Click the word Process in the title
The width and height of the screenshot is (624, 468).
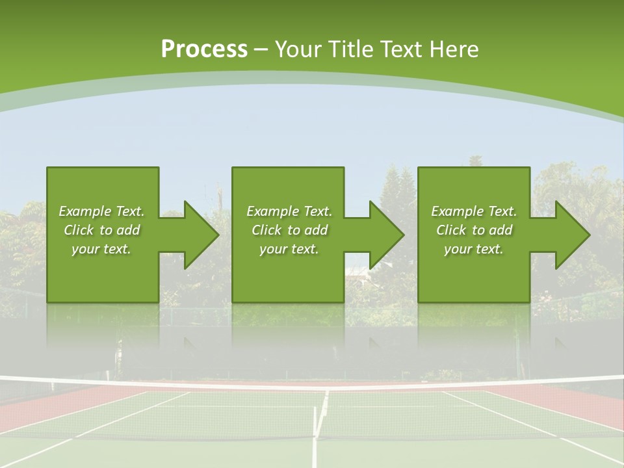click(x=204, y=49)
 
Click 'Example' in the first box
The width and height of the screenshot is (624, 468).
click(x=85, y=211)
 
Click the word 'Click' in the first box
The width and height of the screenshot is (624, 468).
click(x=79, y=230)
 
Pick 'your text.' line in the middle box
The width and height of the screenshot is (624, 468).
click(x=289, y=249)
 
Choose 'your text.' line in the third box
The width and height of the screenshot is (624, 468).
click(x=474, y=249)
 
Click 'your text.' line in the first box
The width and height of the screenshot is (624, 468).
click(x=101, y=249)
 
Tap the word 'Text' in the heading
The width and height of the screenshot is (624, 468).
click(x=405, y=49)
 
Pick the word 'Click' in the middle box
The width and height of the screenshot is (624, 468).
click(x=266, y=230)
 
